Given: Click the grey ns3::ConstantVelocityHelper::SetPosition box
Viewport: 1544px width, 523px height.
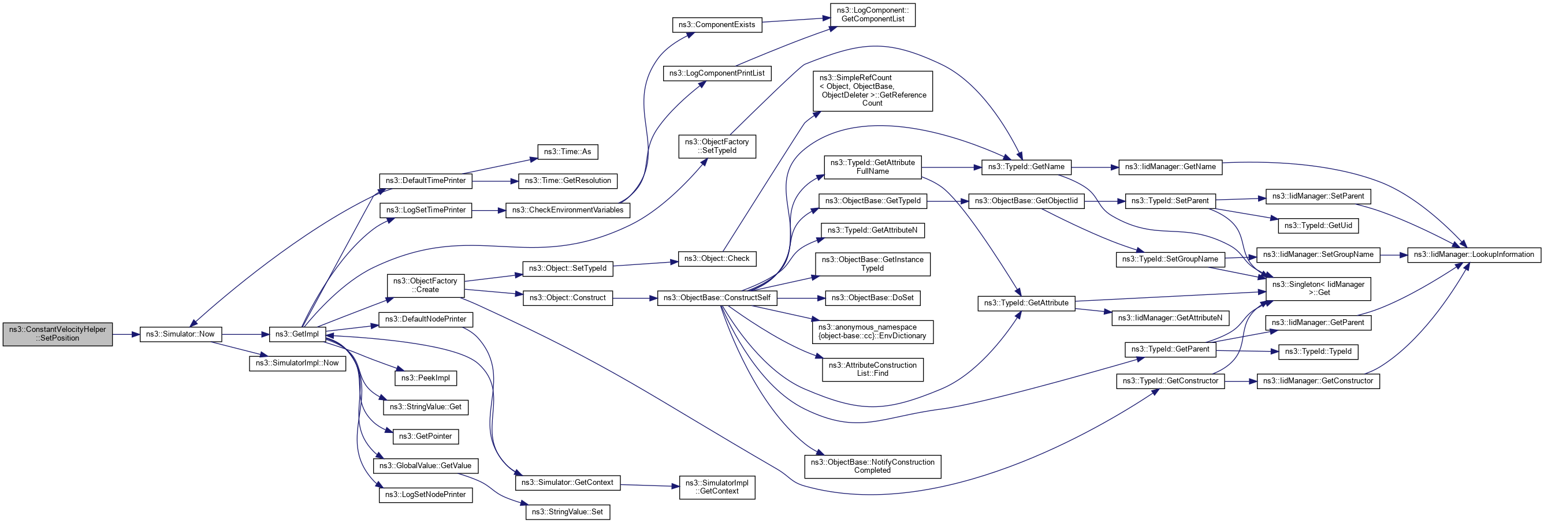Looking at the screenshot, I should (x=58, y=334).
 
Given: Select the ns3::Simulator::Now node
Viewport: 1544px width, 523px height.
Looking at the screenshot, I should (x=180, y=334).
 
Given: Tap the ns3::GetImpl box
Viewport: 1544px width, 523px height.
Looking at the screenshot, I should (x=297, y=334).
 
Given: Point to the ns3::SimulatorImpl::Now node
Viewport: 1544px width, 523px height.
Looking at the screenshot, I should (x=297, y=363).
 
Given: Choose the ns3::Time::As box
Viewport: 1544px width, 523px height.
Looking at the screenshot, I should (x=567, y=152).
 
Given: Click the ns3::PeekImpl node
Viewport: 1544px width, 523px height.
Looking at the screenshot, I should (x=426, y=378).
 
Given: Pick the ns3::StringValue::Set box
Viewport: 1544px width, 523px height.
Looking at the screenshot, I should (x=568, y=511).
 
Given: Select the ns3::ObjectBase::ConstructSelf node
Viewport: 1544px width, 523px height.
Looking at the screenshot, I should (x=717, y=298).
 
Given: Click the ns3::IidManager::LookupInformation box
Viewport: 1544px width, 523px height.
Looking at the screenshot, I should (x=1474, y=255).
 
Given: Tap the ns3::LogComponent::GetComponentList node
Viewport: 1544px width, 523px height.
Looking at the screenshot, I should (x=873, y=14).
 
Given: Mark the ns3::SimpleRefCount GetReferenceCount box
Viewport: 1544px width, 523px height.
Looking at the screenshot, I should (x=873, y=91).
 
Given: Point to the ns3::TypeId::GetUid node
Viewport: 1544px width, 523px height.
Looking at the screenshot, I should (x=1318, y=226).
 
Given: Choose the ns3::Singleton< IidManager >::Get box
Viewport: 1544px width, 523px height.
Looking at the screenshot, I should (x=1318, y=288).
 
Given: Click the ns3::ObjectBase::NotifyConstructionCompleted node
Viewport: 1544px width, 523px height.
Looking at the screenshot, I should (x=873, y=466).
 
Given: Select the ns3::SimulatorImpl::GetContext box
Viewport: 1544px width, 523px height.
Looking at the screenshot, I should (x=717, y=487).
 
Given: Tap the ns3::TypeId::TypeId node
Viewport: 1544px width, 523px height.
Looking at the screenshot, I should (x=1318, y=352).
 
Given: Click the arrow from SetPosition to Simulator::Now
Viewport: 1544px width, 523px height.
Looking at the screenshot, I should (x=126, y=334).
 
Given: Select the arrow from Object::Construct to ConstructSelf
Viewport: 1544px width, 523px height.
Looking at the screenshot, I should (x=635, y=298).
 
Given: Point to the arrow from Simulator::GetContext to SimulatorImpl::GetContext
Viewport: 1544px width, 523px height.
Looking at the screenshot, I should (x=650, y=485).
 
